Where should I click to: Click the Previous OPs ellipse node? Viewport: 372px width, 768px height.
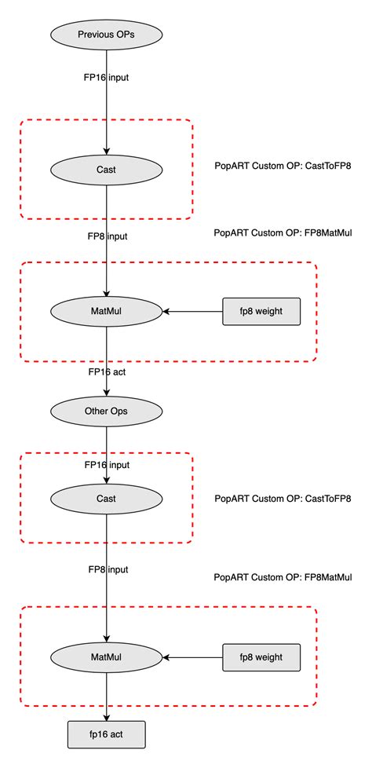[x=106, y=35]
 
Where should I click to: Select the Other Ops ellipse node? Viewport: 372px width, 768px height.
[x=106, y=410]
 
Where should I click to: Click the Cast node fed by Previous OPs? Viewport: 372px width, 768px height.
[x=106, y=168]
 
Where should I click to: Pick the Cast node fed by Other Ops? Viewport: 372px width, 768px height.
[x=106, y=498]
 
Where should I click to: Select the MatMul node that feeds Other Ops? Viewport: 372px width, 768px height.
[x=106, y=311]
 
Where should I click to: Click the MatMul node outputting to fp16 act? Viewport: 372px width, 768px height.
[x=106, y=656]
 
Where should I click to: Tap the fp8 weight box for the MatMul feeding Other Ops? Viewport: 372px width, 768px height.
[x=261, y=311]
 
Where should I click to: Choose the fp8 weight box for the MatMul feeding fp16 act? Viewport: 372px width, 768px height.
[x=261, y=656]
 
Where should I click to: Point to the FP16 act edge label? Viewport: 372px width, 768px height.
[x=106, y=372]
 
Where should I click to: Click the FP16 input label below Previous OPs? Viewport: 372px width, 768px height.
[x=107, y=78]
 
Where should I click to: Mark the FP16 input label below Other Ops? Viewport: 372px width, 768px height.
[x=107, y=465]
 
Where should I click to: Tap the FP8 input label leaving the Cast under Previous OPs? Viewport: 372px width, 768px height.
[x=107, y=236]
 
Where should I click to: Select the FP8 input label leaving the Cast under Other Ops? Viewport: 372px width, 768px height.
[x=107, y=569]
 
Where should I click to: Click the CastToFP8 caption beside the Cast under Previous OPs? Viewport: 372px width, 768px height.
[x=282, y=166]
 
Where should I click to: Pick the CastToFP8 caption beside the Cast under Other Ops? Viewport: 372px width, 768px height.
[x=282, y=499]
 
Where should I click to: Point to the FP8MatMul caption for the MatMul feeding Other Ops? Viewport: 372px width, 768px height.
[x=283, y=233]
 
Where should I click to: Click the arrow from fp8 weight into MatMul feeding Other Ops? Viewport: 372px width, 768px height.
[x=192, y=311]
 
